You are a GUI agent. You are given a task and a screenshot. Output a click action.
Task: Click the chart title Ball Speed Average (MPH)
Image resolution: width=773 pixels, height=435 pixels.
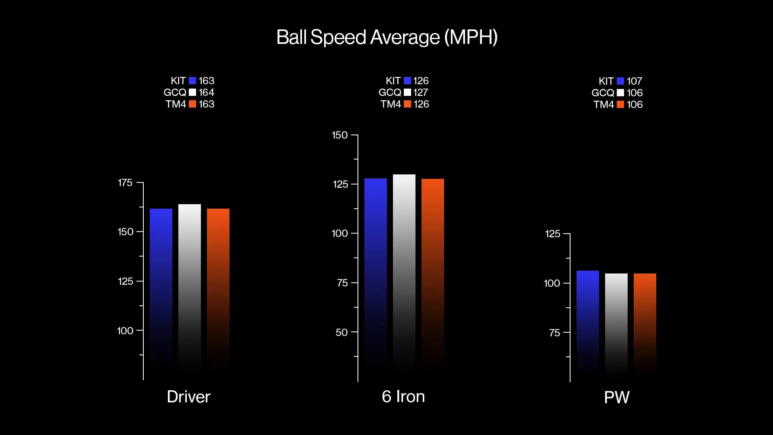[x=386, y=37]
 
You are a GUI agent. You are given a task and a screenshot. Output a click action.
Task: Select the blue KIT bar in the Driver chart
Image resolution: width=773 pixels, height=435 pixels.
[x=161, y=282]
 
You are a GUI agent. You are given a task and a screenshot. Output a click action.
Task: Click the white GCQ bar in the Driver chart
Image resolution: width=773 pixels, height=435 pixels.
[x=190, y=282]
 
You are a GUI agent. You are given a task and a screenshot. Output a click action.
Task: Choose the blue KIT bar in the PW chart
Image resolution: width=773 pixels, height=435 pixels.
[x=587, y=318]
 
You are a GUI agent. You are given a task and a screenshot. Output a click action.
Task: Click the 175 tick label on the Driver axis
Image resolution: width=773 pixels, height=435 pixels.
[x=125, y=183]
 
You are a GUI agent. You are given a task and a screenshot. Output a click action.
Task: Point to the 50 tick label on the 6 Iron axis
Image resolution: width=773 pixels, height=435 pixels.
[x=341, y=332]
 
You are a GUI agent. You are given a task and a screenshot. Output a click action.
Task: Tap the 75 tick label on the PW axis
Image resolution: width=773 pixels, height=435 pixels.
[x=554, y=333]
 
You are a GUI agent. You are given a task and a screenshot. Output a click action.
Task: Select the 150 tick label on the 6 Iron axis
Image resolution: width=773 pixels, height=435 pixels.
[x=339, y=135]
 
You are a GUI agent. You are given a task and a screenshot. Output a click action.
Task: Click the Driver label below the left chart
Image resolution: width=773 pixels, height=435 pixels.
[x=188, y=397]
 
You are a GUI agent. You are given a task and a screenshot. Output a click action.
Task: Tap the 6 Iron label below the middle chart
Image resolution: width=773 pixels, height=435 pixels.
[x=403, y=396]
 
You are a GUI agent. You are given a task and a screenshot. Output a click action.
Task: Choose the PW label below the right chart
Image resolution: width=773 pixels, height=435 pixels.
[x=616, y=398]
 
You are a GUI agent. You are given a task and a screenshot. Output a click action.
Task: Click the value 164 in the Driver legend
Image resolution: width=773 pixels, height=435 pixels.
[x=207, y=92]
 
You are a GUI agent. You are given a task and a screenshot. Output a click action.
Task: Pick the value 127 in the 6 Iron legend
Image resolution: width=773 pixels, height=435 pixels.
[x=421, y=92]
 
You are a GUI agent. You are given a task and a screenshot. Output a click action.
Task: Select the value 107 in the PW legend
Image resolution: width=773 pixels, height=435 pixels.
[x=635, y=81]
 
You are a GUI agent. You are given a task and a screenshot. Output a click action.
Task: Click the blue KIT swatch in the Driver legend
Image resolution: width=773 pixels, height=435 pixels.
[x=192, y=81]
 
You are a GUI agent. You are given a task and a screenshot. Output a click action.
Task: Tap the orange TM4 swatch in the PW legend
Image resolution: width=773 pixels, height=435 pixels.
[x=620, y=104]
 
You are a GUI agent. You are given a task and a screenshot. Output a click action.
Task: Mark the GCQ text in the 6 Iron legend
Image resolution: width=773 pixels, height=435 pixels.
[x=389, y=92]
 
